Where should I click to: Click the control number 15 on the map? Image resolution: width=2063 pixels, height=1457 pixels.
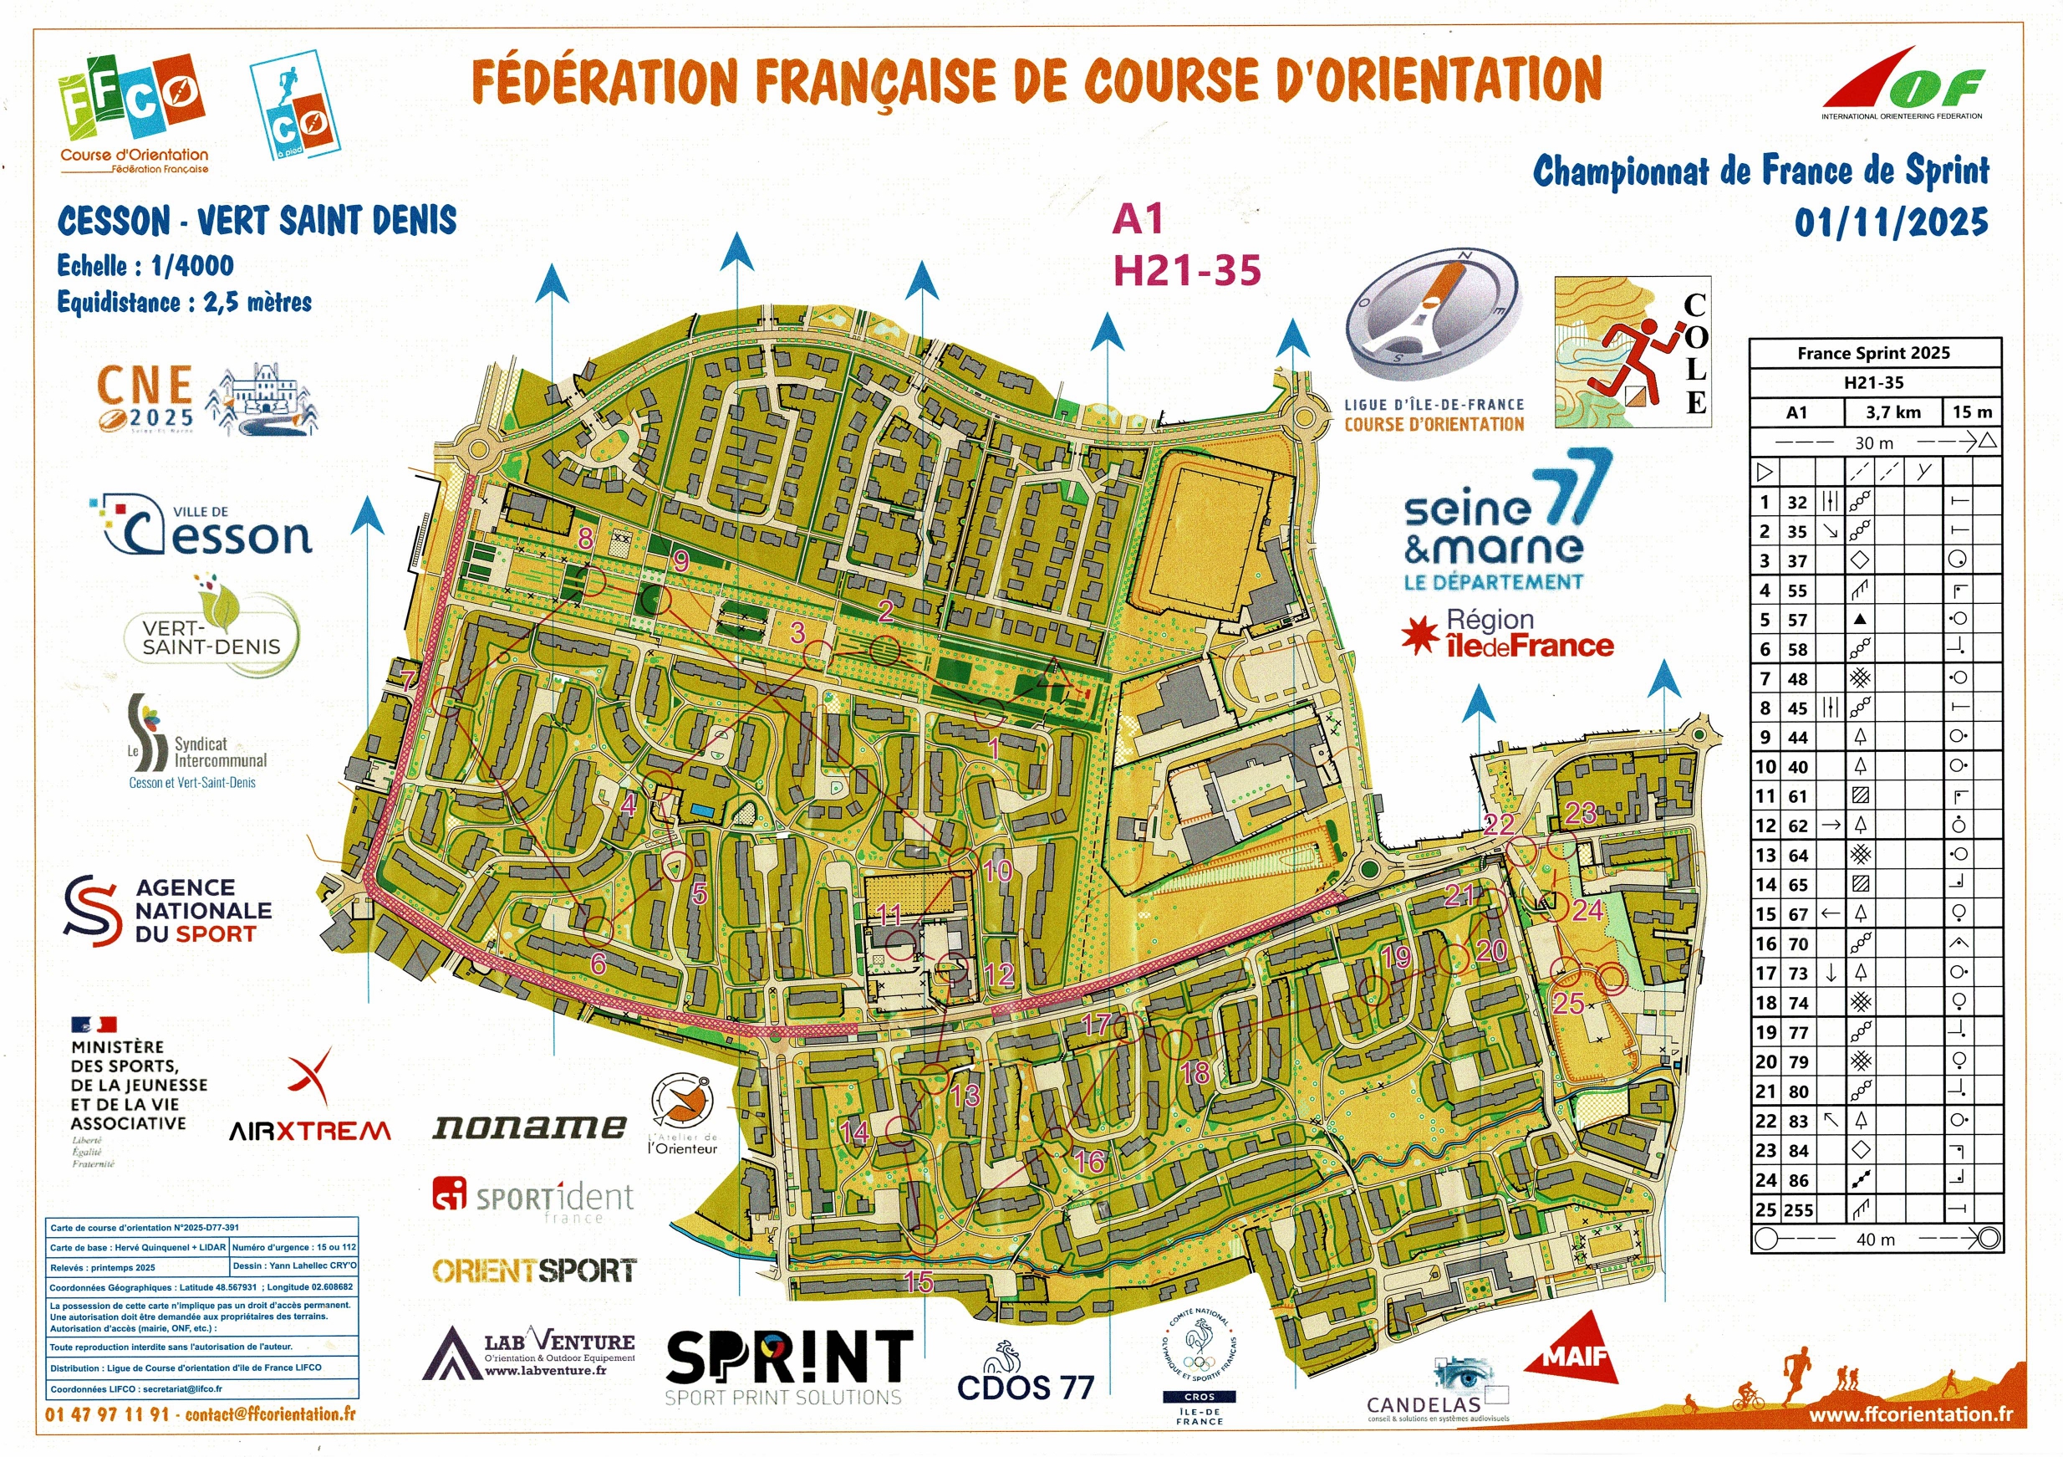tap(919, 1281)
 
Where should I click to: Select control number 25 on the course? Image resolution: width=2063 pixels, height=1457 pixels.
tap(1568, 1002)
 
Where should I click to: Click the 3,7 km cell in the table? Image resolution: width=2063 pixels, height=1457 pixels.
tap(1893, 412)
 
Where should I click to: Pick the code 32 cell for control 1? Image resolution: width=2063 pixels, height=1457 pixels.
tap(1796, 503)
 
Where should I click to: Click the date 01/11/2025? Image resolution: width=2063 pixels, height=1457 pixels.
tap(1891, 222)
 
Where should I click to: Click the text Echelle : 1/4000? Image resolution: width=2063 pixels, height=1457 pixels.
tap(145, 265)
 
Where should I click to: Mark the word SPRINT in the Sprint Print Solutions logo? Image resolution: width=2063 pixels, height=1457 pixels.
tap(789, 1357)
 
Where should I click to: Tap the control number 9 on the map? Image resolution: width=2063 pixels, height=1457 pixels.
tap(681, 561)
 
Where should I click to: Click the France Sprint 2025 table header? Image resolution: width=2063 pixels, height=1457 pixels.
tap(1873, 353)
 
